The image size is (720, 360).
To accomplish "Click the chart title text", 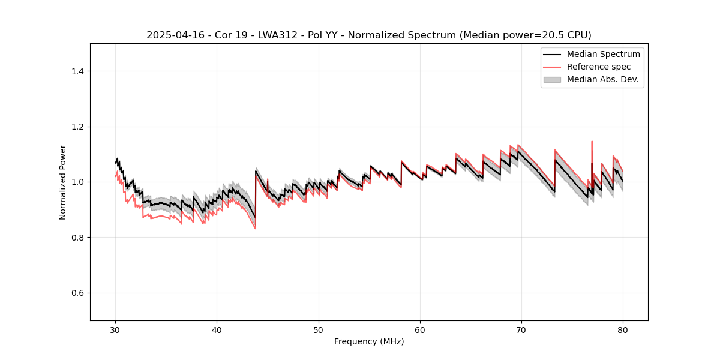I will (368, 35).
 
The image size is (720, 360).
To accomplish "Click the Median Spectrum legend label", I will (603, 54).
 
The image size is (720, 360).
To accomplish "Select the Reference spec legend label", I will (599, 67).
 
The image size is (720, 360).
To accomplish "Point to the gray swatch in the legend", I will (552, 79).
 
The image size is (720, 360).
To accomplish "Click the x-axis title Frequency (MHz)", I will (369, 341).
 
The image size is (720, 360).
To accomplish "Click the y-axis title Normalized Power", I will (63, 182).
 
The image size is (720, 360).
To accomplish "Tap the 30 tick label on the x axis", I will (116, 330).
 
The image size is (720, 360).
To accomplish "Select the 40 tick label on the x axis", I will (217, 330).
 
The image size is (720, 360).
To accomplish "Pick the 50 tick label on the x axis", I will (319, 330).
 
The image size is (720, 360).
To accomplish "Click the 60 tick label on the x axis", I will (420, 330).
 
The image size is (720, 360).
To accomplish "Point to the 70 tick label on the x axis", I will (521, 330).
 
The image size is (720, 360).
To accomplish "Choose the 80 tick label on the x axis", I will (623, 330).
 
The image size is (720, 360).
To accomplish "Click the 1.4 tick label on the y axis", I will (77, 71).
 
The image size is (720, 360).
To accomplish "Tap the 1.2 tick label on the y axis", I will (77, 127).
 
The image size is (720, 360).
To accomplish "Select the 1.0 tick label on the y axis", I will (77, 182).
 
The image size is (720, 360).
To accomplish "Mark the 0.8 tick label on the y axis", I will (77, 238).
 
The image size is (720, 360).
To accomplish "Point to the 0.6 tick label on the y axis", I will (77, 293).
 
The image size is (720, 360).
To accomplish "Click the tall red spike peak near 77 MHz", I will (592, 142).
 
